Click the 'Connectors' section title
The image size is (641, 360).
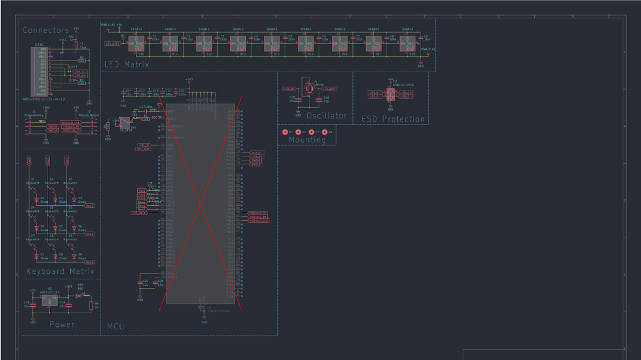click(46, 31)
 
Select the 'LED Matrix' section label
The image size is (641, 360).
click(127, 64)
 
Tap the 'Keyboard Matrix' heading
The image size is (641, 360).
click(60, 271)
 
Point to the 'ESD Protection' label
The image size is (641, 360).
click(393, 119)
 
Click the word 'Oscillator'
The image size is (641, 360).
click(327, 116)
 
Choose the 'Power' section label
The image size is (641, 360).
click(62, 324)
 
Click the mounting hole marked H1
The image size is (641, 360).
click(285, 132)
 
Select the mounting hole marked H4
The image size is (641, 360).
click(325, 132)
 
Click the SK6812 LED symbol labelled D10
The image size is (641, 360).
click(137, 43)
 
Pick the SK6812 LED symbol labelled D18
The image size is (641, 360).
click(408, 43)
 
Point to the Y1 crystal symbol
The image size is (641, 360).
click(309, 89)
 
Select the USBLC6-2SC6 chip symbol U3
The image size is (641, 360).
click(391, 94)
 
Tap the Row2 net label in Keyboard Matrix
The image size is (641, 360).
click(90, 262)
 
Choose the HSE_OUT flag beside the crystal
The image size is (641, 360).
click(329, 89)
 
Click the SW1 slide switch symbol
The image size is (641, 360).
click(125, 122)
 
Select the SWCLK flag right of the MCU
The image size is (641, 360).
click(256, 164)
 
